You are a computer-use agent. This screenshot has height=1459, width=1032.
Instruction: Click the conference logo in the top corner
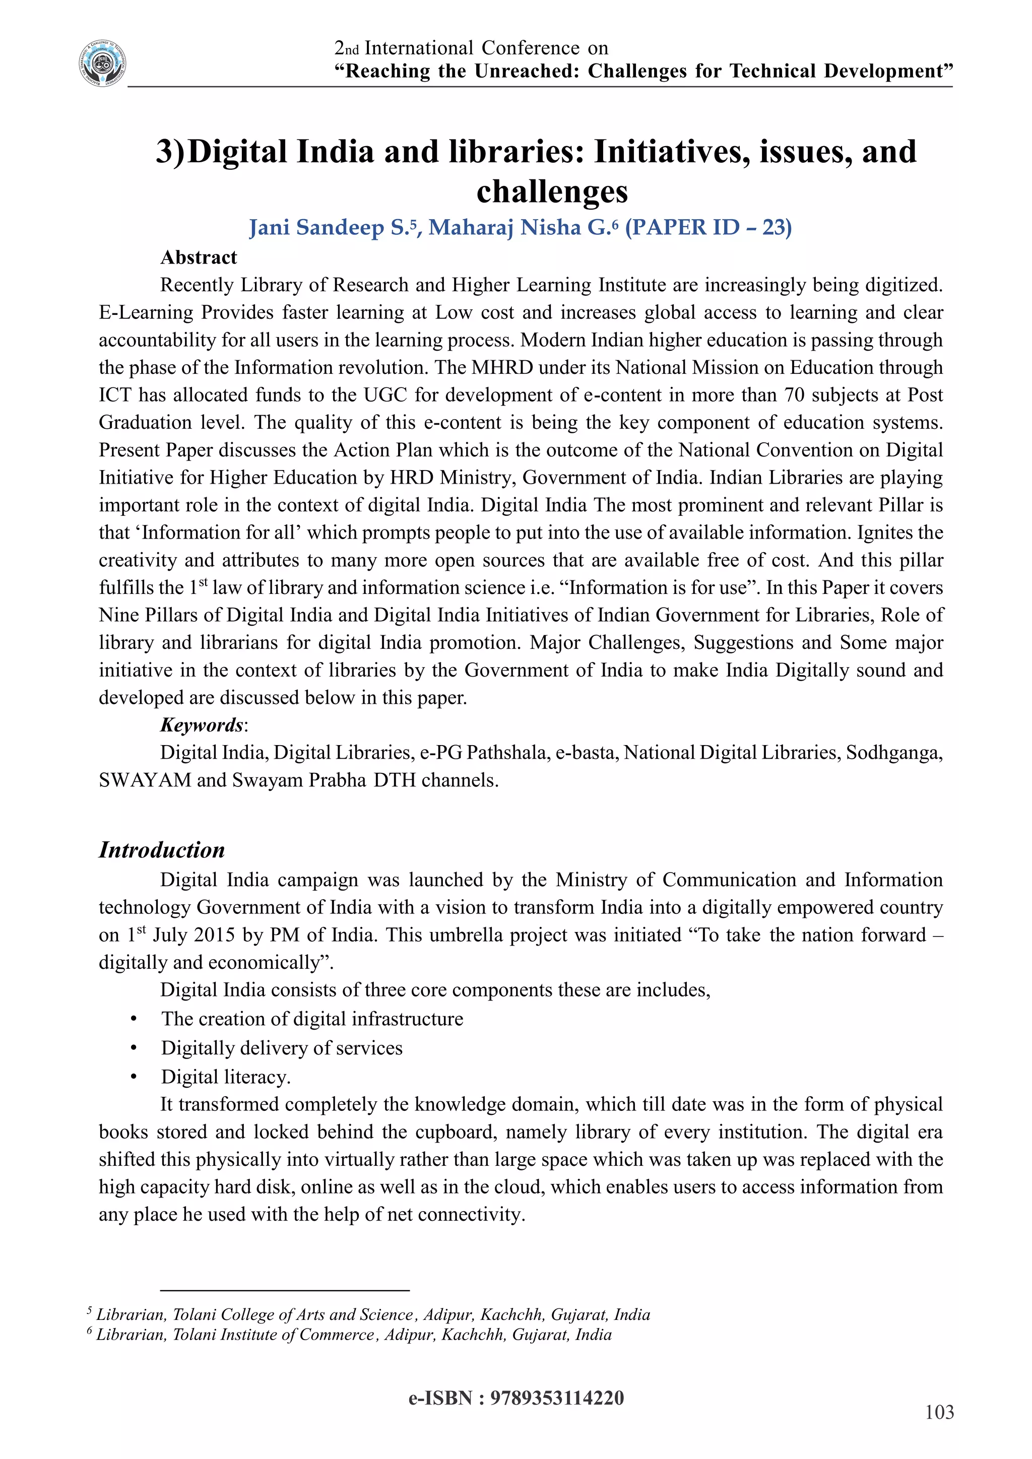click(102, 63)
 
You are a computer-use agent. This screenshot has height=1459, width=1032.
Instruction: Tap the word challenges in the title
click(552, 191)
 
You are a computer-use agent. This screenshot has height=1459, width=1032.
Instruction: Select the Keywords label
click(202, 725)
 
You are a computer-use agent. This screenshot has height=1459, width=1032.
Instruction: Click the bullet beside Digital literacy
click(134, 1077)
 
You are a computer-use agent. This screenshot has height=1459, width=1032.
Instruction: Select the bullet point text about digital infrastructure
click(312, 1019)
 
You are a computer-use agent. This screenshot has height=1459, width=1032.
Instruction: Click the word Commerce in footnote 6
click(337, 1335)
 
